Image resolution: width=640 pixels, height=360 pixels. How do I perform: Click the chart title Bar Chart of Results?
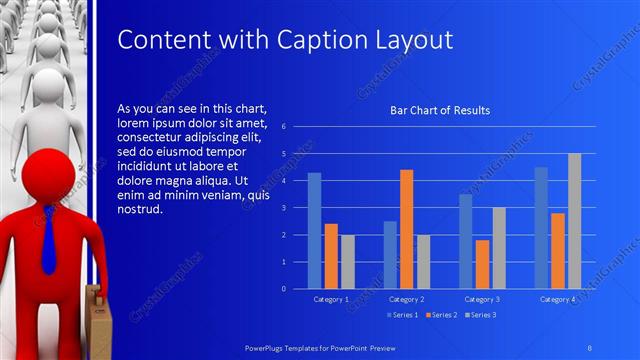pos(440,110)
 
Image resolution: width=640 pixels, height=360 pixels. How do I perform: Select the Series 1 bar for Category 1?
pos(314,231)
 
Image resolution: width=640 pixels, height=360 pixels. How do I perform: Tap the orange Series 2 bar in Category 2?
pos(406,229)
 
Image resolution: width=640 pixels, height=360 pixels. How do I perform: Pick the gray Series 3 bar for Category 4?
pos(574,221)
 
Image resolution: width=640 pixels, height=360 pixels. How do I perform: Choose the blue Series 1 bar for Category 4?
pos(541,228)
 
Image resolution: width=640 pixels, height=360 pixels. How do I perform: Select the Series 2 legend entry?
pos(441,315)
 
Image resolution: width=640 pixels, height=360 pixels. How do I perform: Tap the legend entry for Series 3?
pos(480,315)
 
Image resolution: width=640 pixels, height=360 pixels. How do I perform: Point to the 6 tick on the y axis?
pos(284,127)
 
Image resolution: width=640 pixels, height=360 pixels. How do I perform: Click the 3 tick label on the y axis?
pos(284,208)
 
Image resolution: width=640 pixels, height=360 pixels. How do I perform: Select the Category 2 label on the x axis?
pos(406,299)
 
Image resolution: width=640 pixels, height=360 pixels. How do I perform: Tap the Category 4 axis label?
pos(557,299)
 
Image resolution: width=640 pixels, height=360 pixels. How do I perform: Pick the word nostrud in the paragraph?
pos(139,211)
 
